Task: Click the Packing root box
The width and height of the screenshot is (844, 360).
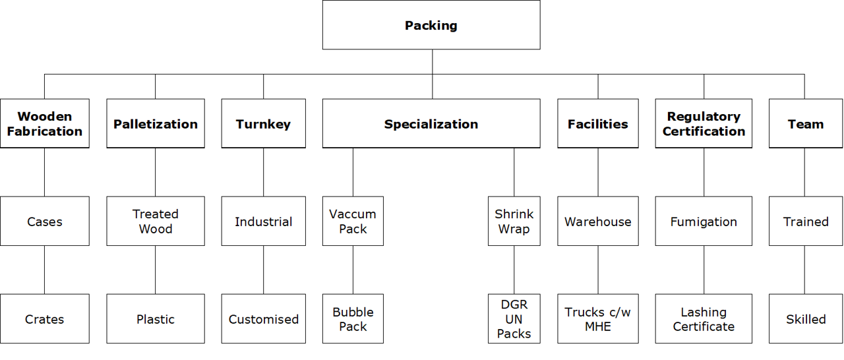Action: click(431, 25)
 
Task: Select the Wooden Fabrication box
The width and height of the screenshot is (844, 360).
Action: click(44, 123)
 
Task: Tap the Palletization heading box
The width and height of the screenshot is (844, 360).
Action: click(156, 123)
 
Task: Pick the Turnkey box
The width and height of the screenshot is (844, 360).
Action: click(263, 123)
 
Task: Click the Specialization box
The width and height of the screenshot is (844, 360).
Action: click(431, 123)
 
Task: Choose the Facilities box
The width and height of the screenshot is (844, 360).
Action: click(598, 123)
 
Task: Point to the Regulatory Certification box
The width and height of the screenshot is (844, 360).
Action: click(704, 123)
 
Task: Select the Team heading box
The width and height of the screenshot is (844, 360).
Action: click(806, 123)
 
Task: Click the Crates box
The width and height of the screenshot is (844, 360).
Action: click(44, 319)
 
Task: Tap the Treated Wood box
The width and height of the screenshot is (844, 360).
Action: click(156, 222)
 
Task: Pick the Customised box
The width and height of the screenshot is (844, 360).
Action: click(263, 319)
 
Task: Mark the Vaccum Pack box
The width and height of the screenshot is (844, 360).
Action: click(353, 222)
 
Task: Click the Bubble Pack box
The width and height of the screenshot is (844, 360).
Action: click(353, 319)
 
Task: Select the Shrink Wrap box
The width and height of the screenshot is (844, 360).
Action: click(514, 222)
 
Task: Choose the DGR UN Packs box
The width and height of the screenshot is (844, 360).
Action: click(514, 319)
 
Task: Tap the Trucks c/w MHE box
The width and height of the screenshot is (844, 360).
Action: click(598, 319)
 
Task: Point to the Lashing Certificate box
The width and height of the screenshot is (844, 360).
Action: click(704, 319)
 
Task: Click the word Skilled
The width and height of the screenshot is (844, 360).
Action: click(806, 319)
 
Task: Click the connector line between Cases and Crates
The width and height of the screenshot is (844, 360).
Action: click(44, 270)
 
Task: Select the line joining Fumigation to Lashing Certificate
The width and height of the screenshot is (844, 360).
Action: click(704, 270)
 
